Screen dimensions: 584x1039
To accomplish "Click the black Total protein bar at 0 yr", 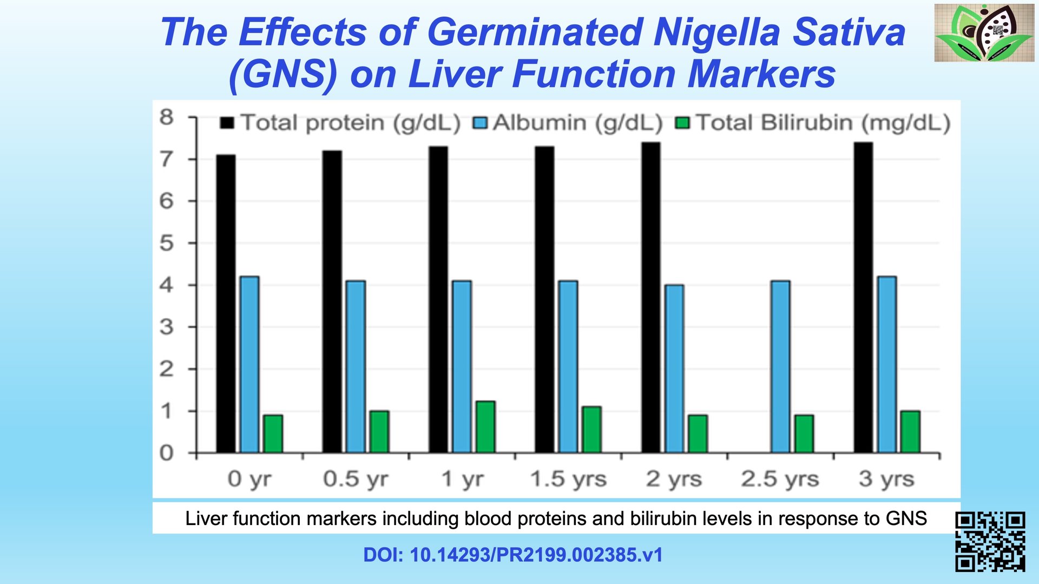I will (x=226, y=303).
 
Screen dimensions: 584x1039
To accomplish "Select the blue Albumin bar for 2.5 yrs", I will (x=780, y=366).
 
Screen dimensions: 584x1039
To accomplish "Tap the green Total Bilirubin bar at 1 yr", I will (x=485, y=426).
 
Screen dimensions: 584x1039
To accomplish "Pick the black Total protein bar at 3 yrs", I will (x=863, y=297).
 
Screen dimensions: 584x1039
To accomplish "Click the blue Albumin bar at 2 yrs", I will (x=674, y=368).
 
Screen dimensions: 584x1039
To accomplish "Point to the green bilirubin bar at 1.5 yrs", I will (x=591, y=429).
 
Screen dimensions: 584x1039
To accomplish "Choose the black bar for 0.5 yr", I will (x=332, y=301).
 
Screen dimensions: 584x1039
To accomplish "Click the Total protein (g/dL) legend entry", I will (x=340, y=123).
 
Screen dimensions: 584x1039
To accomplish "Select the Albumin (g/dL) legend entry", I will (x=568, y=123).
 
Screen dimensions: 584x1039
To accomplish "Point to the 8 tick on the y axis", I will (x=167, y=117).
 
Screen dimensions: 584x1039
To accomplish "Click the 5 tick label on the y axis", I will (x=167, y=243).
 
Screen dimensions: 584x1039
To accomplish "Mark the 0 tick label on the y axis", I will (x=167, y=453).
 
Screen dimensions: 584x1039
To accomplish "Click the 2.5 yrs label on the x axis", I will (x=780, y=479).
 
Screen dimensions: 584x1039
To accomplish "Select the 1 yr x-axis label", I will (x=463, y=479).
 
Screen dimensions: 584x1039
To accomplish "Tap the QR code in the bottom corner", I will (x=990, y=541).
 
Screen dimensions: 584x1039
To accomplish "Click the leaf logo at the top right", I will (x=984, y=32).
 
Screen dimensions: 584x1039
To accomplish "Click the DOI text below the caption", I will (x=513, y=555).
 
